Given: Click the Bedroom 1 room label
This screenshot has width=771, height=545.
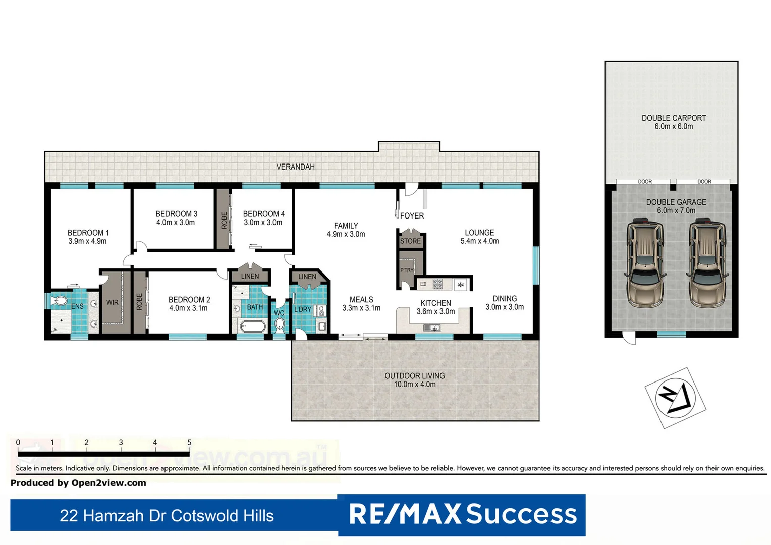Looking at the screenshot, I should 88,233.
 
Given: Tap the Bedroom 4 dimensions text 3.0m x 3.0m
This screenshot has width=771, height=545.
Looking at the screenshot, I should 263,223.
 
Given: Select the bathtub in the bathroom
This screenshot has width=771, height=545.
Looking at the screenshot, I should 252,326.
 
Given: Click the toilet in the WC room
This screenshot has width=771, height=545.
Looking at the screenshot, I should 280,324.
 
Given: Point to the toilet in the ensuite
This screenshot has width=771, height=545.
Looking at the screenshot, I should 60,301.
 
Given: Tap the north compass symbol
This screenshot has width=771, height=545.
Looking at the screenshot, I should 675,398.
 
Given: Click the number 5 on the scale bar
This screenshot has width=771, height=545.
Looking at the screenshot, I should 189,443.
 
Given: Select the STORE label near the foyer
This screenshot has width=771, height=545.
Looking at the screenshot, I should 410,241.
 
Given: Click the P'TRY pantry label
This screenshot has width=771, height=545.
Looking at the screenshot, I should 407,270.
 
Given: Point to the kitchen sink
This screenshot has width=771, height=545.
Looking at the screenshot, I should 431,328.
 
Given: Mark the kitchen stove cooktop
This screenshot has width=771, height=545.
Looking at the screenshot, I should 437,284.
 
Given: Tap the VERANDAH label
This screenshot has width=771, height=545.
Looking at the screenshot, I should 295,167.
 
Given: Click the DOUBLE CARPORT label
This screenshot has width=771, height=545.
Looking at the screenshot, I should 674,118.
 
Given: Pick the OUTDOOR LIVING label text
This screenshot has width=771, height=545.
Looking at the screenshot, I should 414,376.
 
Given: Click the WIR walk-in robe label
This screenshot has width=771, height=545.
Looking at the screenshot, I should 112,303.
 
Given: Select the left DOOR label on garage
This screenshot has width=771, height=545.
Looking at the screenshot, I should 644,182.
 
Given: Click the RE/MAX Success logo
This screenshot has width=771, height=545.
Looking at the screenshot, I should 462,514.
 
